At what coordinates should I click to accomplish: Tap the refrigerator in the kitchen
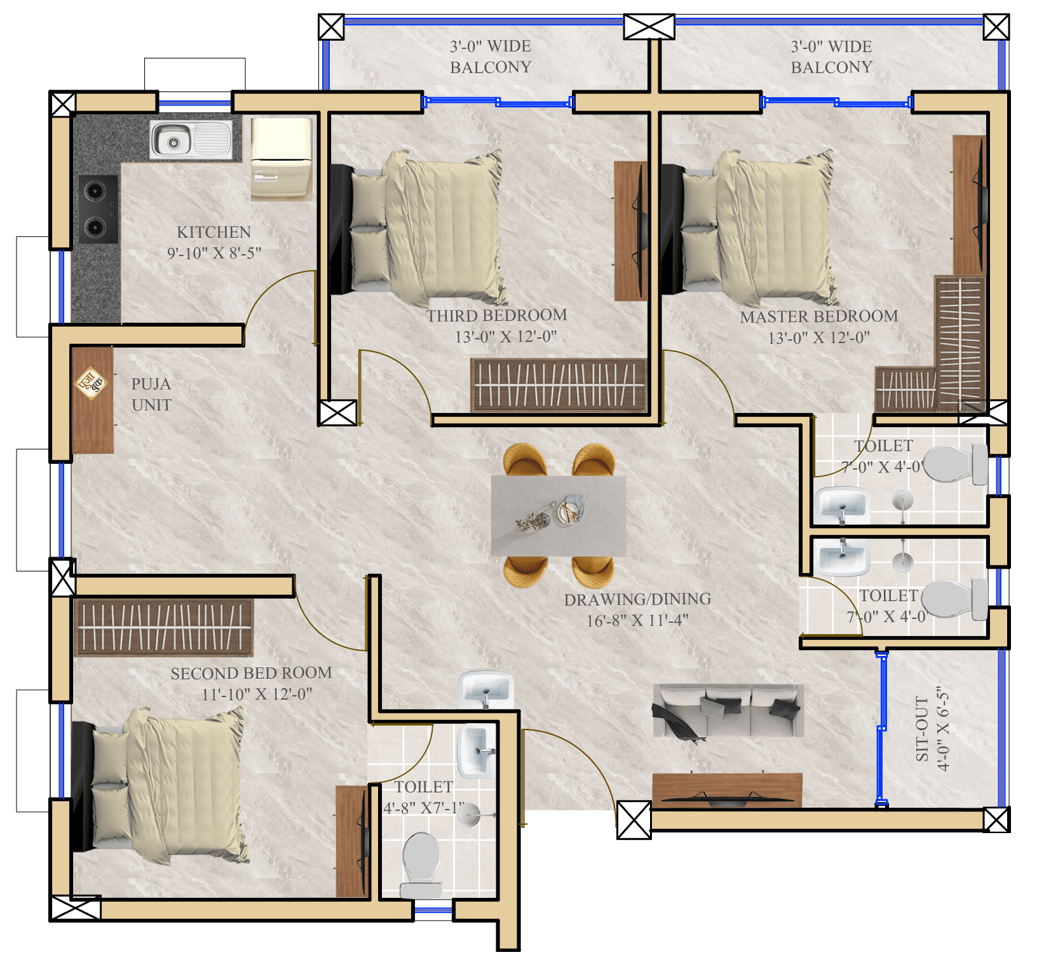[x=281, y=159]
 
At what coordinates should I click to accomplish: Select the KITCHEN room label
[x=214, y=232]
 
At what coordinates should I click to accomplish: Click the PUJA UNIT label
[x=151, y=395]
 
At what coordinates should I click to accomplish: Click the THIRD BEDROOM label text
[x=496, y=316]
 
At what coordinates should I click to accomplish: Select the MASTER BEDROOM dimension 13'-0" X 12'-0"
[x=818, y=337]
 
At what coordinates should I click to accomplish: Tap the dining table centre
[x=559, y=515]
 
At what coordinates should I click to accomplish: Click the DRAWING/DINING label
[x=637, y=599]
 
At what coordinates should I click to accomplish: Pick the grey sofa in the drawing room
[x=728, y=710]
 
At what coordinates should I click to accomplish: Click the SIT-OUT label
[x=923, y=729]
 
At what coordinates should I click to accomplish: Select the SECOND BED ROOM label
[x=251, y=674]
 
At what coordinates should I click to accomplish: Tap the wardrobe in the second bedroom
[x=164, y=627]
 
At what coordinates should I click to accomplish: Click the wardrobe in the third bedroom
[x=558, y=385]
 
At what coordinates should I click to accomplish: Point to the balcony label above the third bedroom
[x=490, y=57]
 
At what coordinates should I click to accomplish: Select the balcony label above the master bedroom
[x=831, y=57]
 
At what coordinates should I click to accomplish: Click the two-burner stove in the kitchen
[x=98, y=208]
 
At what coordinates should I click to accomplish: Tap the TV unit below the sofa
[x=727, y=790]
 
